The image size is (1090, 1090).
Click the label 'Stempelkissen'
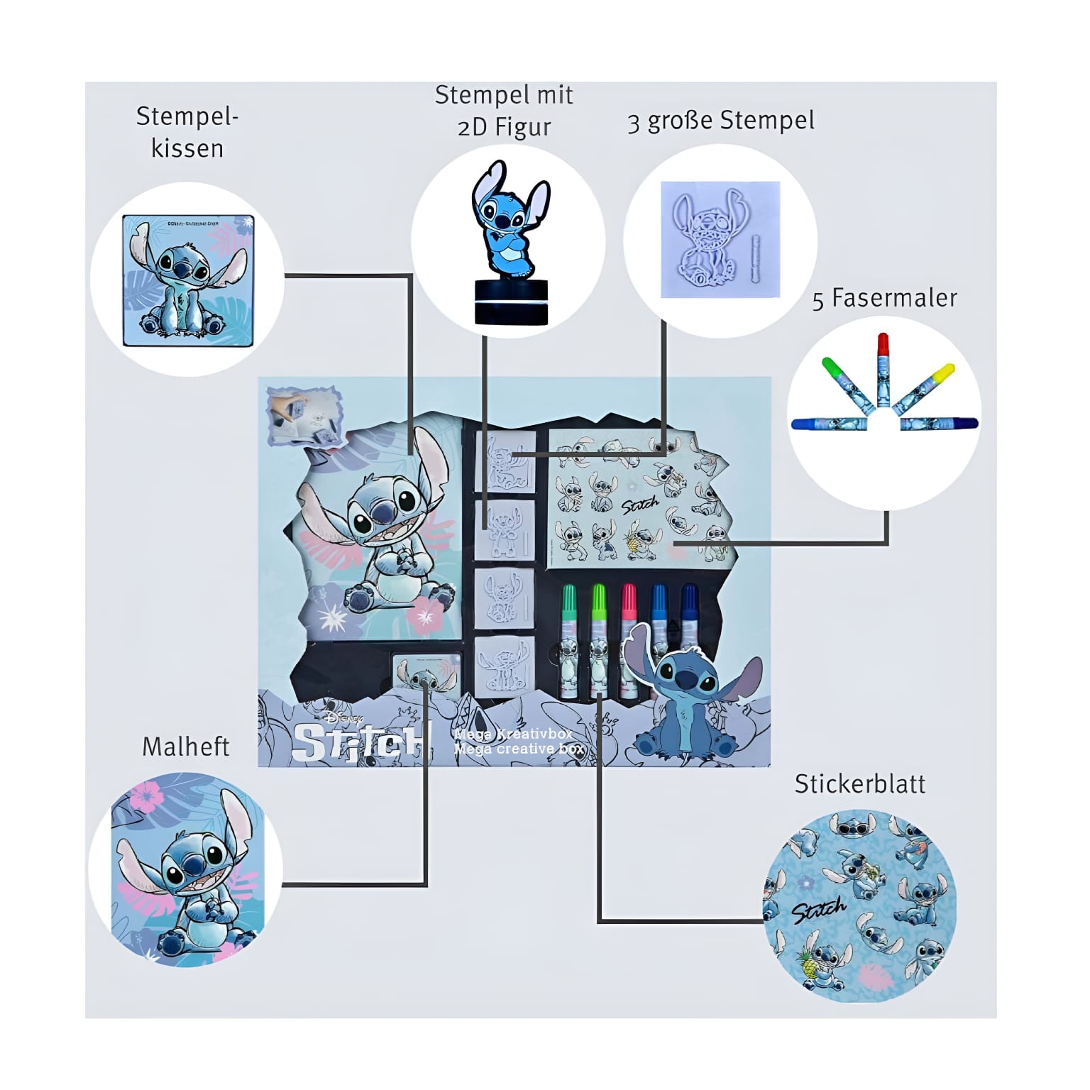[x=187, y=133]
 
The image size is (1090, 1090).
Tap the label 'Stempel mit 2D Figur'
[x=504, y=111]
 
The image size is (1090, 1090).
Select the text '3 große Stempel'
[x=720, y=121]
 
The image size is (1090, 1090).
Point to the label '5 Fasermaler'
[x=884, y=299]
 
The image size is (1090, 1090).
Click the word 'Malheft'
[x=186, y=747]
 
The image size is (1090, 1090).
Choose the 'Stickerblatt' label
[x=859, y=784]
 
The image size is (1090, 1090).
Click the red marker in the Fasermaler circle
[x=883, y=369]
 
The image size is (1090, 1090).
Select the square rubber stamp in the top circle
[x=720, y=239]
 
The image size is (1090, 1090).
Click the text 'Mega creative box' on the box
[x=519, y=749]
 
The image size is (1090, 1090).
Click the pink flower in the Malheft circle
[x=147, y=797]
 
